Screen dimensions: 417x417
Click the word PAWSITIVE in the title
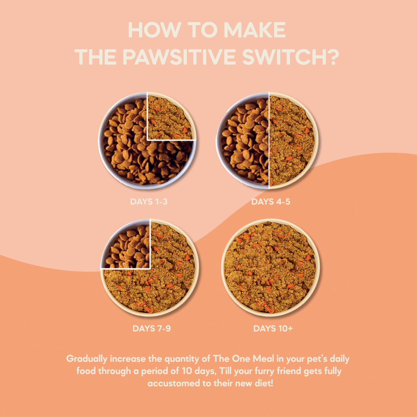pyautogui.click(x=180, y=57)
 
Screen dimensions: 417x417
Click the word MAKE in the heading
pyautogui.click(x=255, y=30)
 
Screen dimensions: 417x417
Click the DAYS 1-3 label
pyautogui.click(x=149, y=202)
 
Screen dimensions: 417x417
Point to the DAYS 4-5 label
pyautogui.click(x=271, y=202)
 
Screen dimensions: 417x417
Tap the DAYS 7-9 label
pyautogui.click(x=152, y=328)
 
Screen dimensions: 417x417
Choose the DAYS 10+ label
pyautogui.click(x=273, y=328)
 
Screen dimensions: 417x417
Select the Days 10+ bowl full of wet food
pyautogui.click(x=271, y=268)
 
